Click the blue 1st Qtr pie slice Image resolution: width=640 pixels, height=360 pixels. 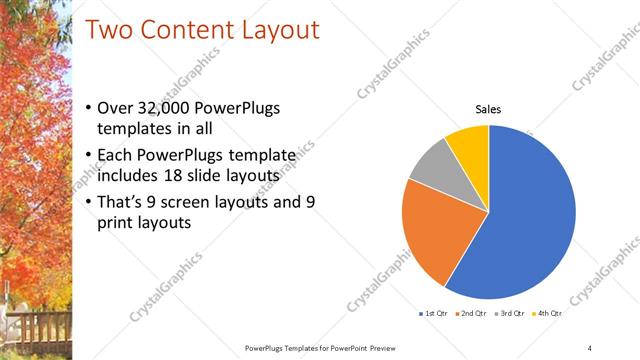[530, 210]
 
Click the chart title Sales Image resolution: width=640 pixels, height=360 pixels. [488, 110]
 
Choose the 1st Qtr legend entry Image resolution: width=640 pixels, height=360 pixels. [434, 313]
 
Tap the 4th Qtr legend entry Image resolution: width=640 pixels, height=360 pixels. [548, 313]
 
